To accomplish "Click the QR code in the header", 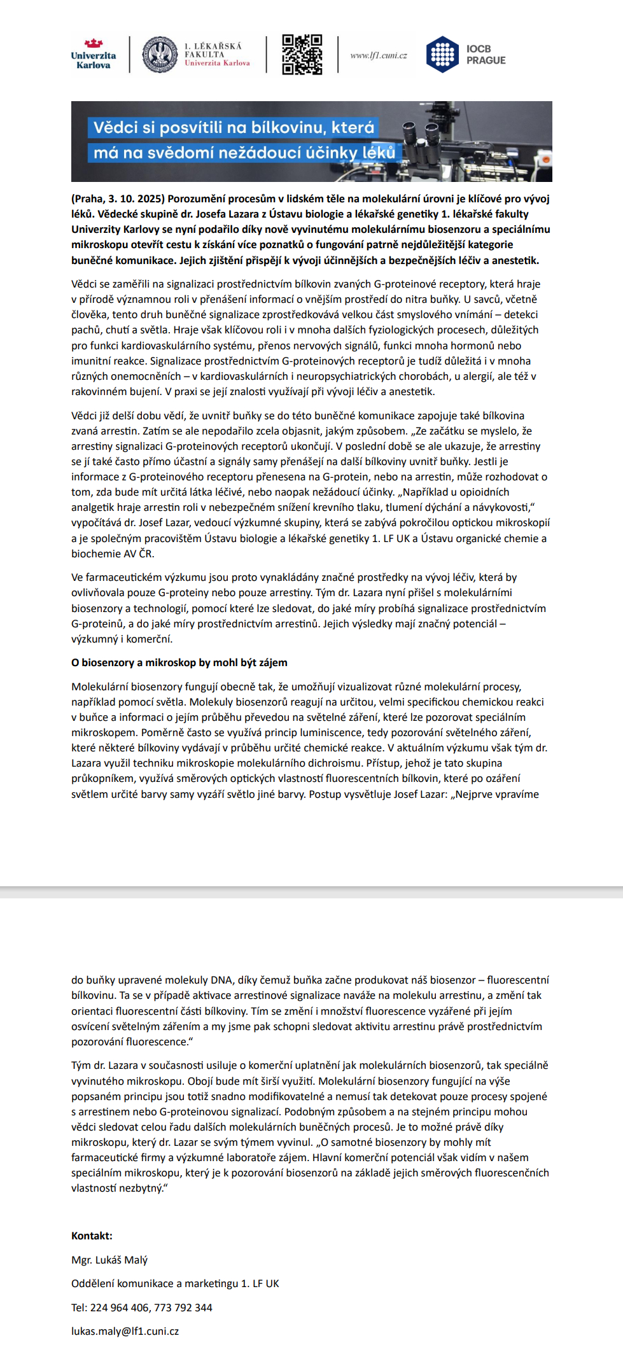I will [302, 55].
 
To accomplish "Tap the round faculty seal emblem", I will [160, 55].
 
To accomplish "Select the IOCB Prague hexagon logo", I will [442, 55].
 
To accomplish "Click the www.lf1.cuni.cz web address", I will [379, 55].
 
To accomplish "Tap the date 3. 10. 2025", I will [138, 199].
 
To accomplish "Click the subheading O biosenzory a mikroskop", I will [179, 662].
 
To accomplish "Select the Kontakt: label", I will [92, 1236].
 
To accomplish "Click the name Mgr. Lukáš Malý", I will [109, 1260].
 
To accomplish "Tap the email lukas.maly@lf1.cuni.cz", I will [125, 1331].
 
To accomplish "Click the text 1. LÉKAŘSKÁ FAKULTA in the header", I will [213, 50].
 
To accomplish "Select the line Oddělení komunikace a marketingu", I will [175, 1283].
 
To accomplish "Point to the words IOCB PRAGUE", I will [486, 55].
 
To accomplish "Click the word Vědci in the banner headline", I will [116, 127].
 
